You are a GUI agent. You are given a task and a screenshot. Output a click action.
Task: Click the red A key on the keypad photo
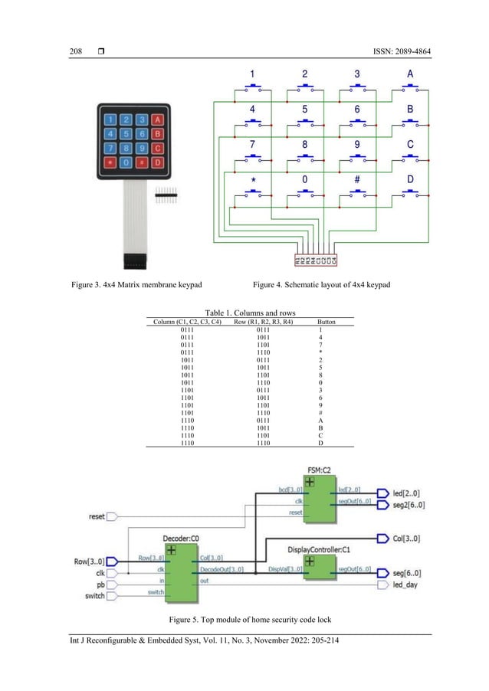click(x=157, y=120)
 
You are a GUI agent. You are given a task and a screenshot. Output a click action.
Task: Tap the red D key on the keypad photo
click(x=157, y=162)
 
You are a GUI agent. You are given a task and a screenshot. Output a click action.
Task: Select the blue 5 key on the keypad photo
click(x=127, y=134)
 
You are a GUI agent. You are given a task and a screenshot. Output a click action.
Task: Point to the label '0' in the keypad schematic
click(x=305, y=178)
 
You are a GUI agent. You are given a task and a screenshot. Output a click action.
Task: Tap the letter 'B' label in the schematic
click(x=411, y=109)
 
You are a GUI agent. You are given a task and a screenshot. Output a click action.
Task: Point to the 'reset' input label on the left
click(x=97, y=517)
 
